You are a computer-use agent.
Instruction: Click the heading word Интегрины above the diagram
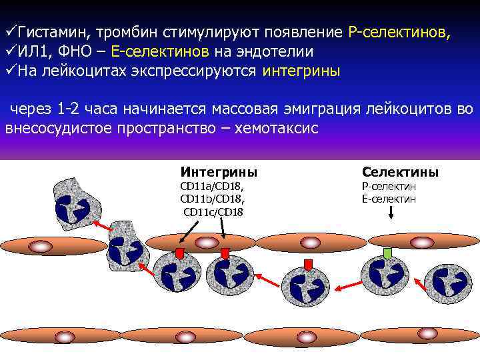pos(219,172)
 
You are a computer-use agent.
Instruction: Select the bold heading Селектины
pos(400,172)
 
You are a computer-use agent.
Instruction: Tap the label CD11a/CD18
pos(213,187)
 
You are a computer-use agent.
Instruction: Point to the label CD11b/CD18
pos(213,199)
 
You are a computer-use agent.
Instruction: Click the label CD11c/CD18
pos(213,211)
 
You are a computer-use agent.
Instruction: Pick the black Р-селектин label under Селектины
pos(389,187)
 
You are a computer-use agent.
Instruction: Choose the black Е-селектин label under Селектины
pos(389,199)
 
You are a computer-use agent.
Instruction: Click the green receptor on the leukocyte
pos(387,253)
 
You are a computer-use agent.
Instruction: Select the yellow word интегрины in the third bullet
pos(301,71)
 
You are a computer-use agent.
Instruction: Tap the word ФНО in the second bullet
pos(83,52)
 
